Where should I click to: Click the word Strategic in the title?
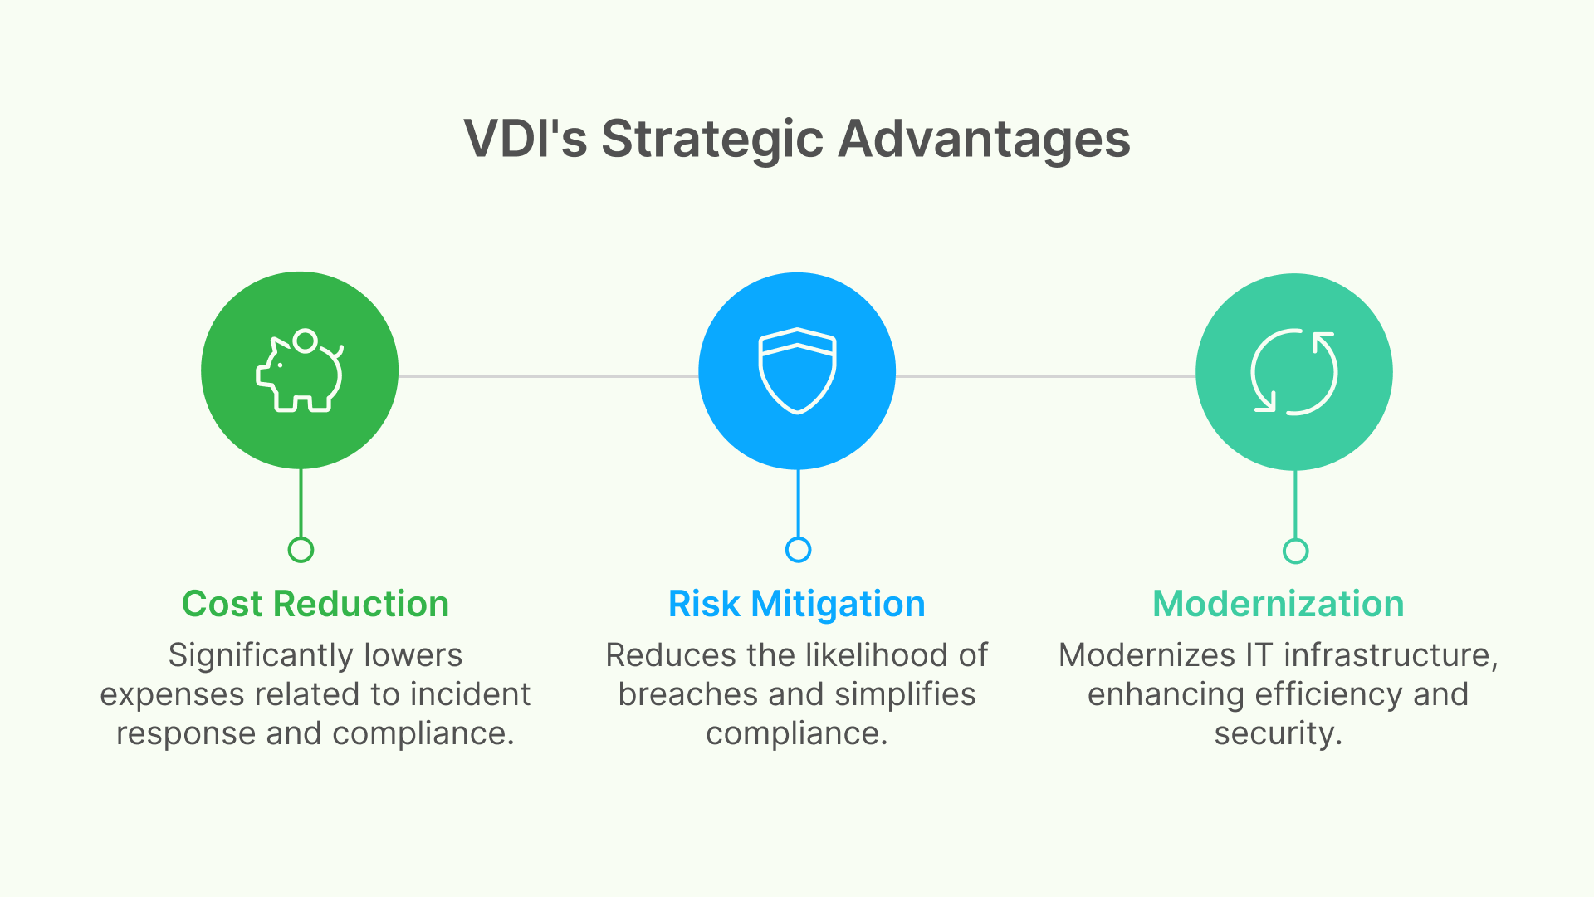pos(711,139)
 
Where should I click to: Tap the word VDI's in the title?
pos(526,139)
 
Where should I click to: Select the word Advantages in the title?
pos(984,139)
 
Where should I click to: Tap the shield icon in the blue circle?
pos(797,371)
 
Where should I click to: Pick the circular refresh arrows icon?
pos(1293,371)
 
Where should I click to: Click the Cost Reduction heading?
pos(315,604)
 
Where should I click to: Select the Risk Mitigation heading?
pos(797,604)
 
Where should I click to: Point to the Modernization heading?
pos(1278,604)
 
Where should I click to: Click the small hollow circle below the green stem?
pos(301,550)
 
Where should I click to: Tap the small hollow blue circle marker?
pos(798,550)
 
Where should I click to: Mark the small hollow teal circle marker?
pos(1295,551)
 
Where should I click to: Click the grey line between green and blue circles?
pos(548,376)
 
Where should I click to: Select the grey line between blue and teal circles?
pos(1046,376)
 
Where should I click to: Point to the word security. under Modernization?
pos(1278,733)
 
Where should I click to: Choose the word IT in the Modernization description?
pos(1258,655)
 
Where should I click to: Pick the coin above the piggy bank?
pos(306,341)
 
